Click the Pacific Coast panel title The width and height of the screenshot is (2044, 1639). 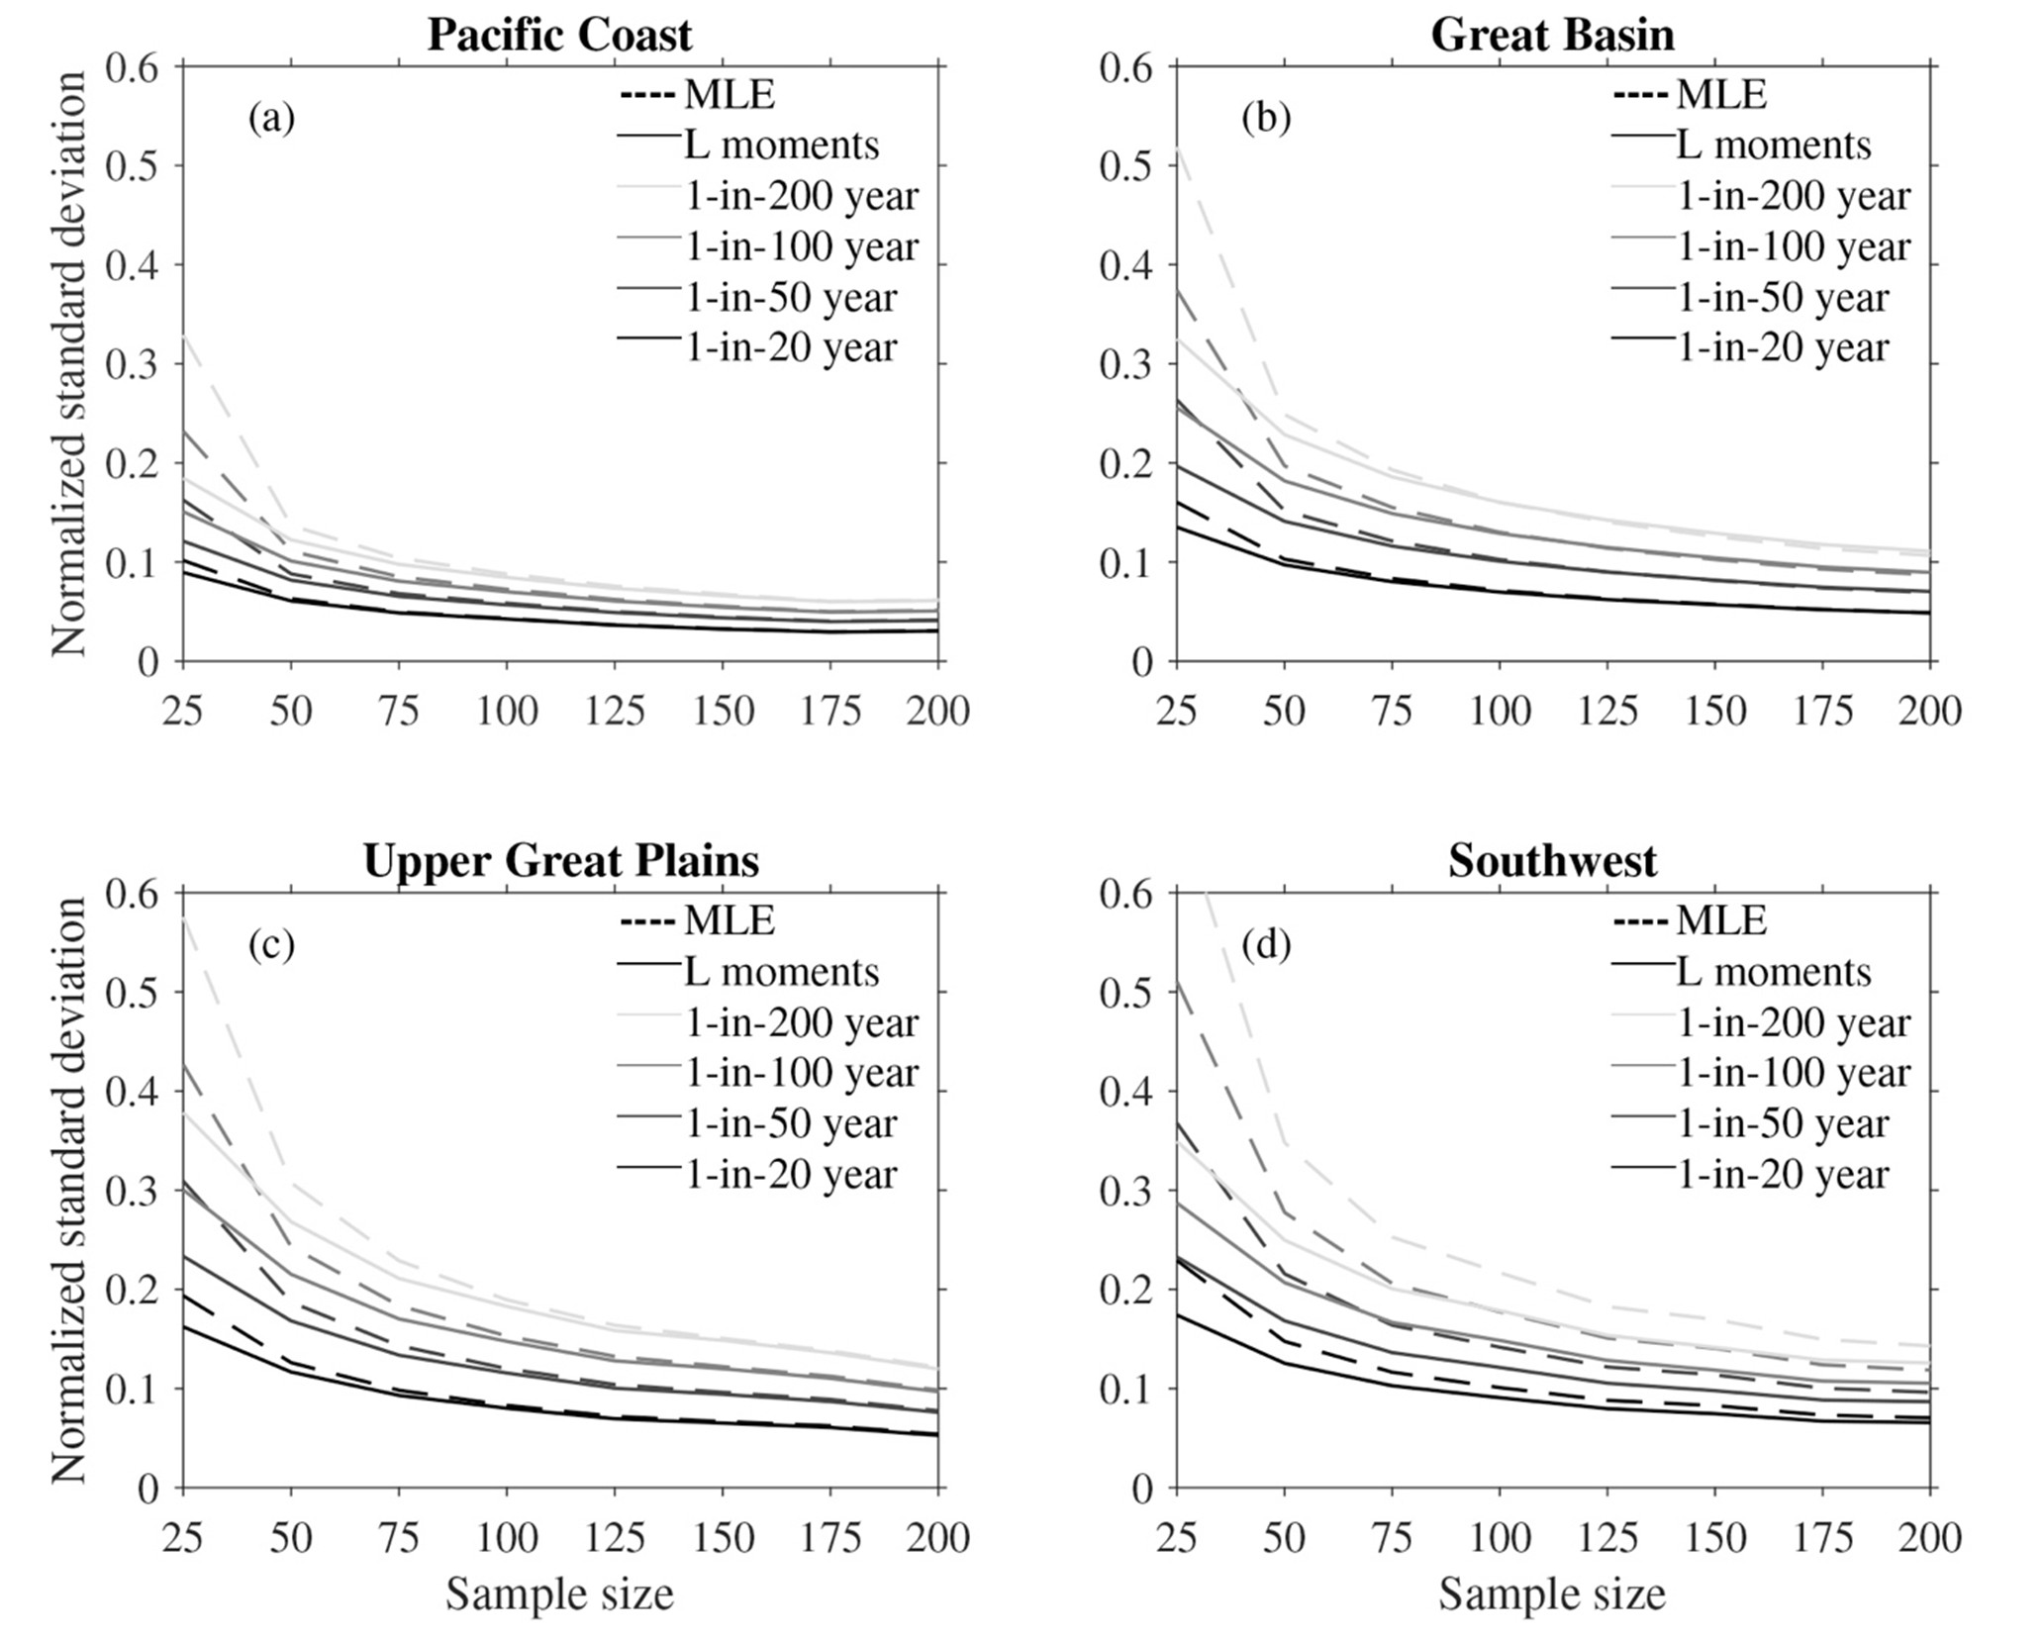(x=559, y=35)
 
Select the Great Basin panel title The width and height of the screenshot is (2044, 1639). (x=1552, y=35)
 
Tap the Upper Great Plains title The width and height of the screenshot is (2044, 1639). (x=561, y=860)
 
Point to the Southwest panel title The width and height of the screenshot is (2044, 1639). (x=1552, y=860)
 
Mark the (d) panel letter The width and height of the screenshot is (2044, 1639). (x=1264, y=945)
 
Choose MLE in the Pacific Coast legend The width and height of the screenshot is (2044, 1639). (x=729, y=95)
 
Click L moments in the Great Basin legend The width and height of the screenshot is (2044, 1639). (x=1773, y=145)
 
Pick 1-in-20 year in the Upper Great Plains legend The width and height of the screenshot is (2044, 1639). (x=790, y=1174)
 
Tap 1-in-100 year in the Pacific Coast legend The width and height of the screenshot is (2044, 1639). (x=801, y=246)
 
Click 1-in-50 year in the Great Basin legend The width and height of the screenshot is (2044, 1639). (x=1783, y=297)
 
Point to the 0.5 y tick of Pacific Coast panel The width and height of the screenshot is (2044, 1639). (x=135, y=165)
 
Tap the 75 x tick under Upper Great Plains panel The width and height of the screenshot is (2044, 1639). (x=399, y=1537)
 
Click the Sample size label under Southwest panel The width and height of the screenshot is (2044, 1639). (x=1552, y=1594)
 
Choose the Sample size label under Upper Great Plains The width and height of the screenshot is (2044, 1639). (x=559, y=1594)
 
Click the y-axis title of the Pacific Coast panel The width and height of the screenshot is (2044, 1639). (x=69, y=363)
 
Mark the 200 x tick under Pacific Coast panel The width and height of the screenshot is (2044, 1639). (x=937, y=711)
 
